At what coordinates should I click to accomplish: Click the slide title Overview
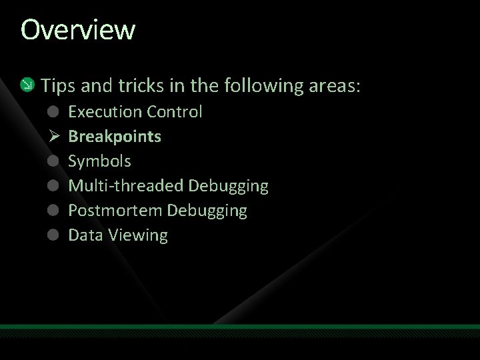pyautogui.click(x=78, y=29)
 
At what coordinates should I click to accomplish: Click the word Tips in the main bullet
pyautogui.click(x=55, y=86)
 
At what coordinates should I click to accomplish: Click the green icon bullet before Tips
pyautogui.click(x=26, y=85)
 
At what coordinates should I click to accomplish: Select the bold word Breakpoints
pyautogui.click(x=115, y=137)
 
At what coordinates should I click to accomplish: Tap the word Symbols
pyautogui.click(x=99, y=161)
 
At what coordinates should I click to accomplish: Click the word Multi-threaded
pyautogui.click(x=126, y=186)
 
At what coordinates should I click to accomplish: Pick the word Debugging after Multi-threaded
pyautogui.click(x=229, y=186)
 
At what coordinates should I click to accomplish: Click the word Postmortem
pyautogui.click(x=115, y=211)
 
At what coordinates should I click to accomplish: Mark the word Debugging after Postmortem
pyautogui.click(x=207, y=211)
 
